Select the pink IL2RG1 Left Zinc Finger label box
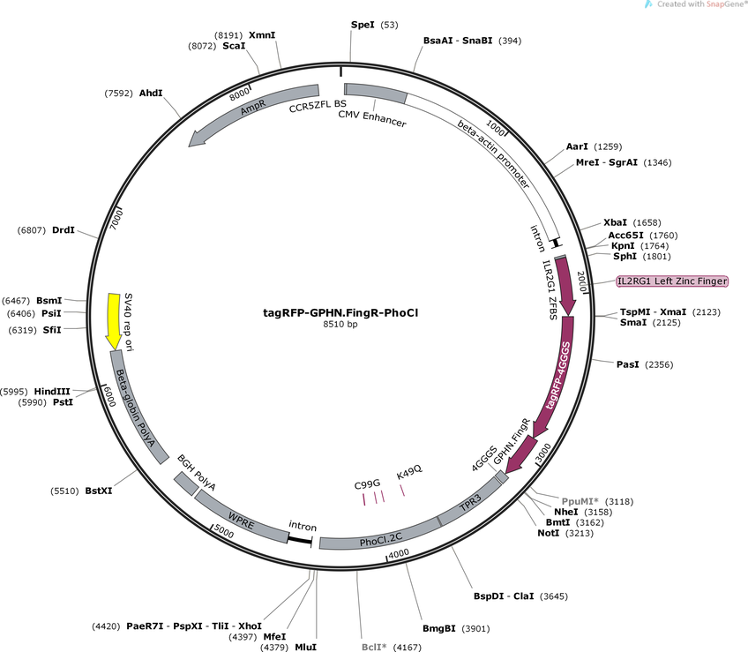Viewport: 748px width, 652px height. [672, 281]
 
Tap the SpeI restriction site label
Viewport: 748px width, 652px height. [363, 25]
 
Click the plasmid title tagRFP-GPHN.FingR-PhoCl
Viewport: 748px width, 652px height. [340, 312]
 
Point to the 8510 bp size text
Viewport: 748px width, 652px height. [340, 324]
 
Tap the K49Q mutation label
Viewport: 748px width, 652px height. [409, 472]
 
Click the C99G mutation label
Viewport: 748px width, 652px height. [367, 485]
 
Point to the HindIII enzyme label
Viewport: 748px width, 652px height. [52, 392]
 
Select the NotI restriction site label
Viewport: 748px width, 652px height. [548, 533]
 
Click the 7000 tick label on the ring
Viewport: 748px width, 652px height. [116, 219]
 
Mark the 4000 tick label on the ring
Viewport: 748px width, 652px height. [399, 553]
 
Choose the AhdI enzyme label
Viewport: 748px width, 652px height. [151, 93]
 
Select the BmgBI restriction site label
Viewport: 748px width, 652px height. [439, 628]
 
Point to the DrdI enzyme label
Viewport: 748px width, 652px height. [64, 230]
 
